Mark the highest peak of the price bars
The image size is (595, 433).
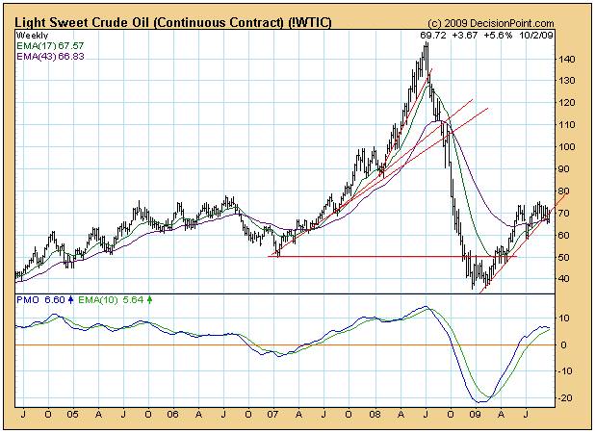click(x=427, y=44)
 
